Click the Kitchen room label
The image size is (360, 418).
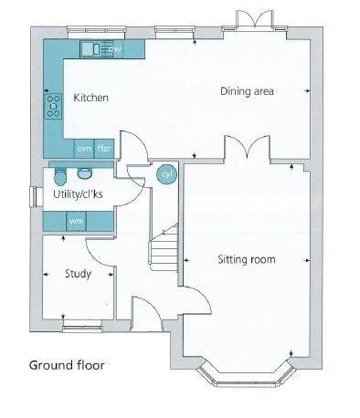coord(90,98)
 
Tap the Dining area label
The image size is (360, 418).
coord(247,91)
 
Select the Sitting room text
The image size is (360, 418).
coord(247,259)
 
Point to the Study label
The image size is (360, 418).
coord(78,274)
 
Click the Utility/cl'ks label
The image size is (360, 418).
coord(78,194)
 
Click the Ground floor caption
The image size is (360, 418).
coord(67,365)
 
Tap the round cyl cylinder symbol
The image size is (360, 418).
coord(166,174)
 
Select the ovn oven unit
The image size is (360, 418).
coord(84,149)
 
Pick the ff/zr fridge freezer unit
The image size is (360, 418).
coord(104,149)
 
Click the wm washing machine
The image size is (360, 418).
coord(77,221)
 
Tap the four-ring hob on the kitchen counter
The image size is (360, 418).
coord(53,106)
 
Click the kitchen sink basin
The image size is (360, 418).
coord(90,48)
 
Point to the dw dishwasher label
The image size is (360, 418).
coord(114,49)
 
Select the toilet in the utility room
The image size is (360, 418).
coord(59,176)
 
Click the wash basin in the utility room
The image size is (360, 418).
coord(84,173)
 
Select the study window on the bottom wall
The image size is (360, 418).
coord(82,327)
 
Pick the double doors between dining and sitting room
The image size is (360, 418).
coord(247,148)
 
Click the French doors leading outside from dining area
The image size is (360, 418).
coord(254,20)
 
